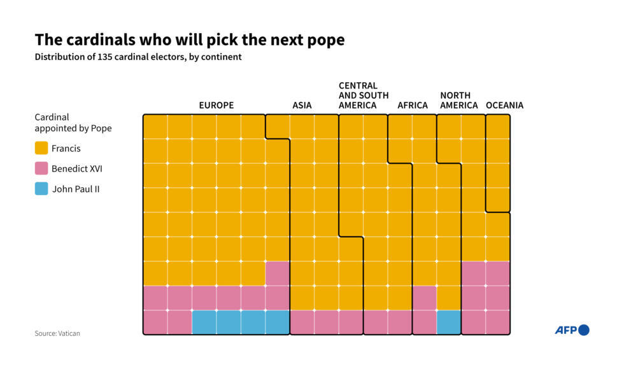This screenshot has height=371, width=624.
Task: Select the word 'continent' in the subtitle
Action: tap(221, 57)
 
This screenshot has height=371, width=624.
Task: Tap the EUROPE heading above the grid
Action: tap(216, 105)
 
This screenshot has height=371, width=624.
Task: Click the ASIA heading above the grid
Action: tap(302, 105)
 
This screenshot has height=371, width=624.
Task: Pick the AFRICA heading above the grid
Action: tap(413, 105)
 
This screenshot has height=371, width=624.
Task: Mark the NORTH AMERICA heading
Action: tap(458, 101)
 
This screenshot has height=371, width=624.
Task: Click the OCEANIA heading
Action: tap(504, 105)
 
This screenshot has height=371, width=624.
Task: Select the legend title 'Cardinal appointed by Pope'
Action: tap(73, 123)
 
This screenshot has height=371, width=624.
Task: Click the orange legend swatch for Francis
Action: tap(41, 149)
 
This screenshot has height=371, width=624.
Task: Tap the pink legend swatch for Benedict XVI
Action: tap(41, 169)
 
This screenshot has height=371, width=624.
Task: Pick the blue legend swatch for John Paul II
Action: tap(41, 189)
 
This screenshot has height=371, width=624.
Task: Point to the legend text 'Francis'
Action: tap(66, 149)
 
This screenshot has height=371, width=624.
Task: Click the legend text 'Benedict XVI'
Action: tap(77, 169)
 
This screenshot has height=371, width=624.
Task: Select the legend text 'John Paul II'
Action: tap(76, 189)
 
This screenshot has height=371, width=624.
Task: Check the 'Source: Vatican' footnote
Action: tap(57, 333)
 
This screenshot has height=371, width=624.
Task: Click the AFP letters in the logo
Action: tap(565, 330)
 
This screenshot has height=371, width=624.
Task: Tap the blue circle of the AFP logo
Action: tap(583, 330)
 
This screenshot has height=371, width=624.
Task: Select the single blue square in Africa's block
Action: tap(449, 323)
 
